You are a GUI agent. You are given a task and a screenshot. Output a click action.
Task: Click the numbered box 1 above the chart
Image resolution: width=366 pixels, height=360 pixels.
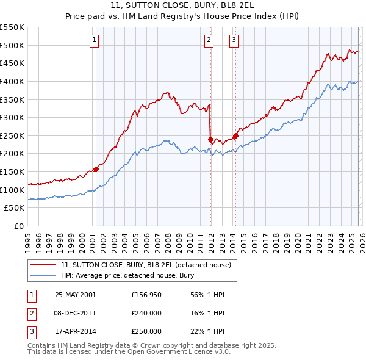[95, 41]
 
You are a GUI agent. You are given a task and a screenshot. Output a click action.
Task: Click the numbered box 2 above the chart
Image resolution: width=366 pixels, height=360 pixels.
[209, 41]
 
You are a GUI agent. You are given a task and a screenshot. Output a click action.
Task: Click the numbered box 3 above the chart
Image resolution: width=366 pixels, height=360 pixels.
[234, 41]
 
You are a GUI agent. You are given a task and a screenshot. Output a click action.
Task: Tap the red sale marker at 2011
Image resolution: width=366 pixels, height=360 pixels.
[210, 139]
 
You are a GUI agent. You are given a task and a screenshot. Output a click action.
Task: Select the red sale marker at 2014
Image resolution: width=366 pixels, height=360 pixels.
[235, 135]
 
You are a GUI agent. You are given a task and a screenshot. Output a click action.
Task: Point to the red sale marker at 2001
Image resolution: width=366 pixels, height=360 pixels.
[96, 169]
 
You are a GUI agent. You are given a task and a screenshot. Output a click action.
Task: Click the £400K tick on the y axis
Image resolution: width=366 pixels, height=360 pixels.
[12, 81]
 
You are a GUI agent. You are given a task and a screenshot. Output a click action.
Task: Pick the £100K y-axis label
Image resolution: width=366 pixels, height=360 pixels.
[12, 190]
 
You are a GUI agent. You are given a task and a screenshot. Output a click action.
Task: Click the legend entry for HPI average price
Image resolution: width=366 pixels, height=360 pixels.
[127, 275]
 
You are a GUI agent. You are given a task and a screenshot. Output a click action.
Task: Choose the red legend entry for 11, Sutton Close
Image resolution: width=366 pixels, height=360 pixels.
[146, 265]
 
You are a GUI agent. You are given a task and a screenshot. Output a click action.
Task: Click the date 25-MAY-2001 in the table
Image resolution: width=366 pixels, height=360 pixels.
[75, 295]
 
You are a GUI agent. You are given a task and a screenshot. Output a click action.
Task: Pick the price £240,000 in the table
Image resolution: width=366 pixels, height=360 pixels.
[146, 314]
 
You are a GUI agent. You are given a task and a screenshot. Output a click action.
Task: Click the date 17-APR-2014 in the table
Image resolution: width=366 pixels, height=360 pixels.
[75, 332]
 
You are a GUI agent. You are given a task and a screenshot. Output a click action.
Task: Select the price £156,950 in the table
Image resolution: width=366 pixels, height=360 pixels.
[146, 295]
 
